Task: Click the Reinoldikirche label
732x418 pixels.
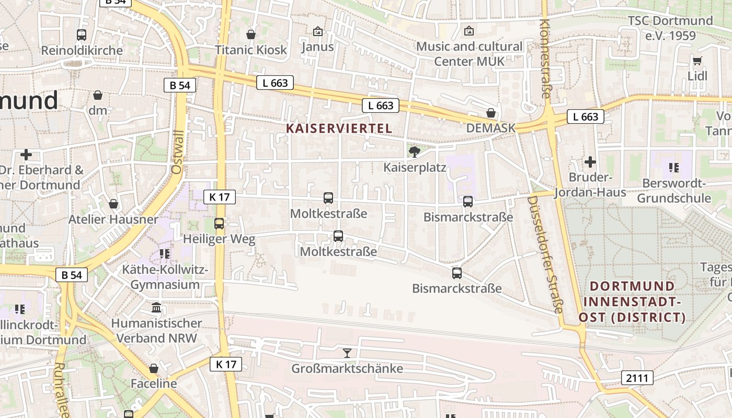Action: [82, 51]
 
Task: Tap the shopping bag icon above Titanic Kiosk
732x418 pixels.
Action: [251, 34]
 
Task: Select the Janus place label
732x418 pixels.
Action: [317, 47]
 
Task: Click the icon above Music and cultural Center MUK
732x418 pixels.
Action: [468, 31]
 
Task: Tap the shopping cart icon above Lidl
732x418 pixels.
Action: [697, 61]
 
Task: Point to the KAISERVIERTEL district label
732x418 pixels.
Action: [339, 128]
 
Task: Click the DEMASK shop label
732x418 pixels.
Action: [490, 128]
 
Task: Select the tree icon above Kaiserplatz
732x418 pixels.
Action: [415, 152]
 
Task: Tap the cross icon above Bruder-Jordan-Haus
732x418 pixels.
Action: [590, 162]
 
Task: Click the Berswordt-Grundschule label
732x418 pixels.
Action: [674, 191]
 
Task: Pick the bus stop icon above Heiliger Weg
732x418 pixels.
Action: [219, 224]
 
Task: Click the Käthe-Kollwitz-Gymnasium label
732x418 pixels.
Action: [165, 277]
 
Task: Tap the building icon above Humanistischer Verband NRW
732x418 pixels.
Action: [156, 307]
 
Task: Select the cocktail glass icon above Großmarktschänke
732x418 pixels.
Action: [347, 353]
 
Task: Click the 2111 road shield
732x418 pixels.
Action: [637, 378]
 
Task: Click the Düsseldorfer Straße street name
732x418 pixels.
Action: [544, 254]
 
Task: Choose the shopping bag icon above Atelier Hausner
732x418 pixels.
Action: [113, 204]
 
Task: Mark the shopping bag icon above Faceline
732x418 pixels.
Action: [154, 368]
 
